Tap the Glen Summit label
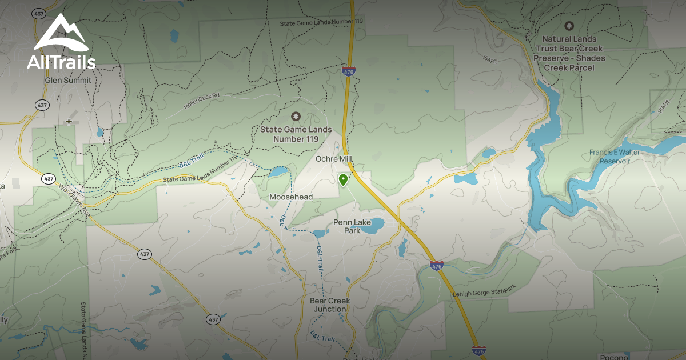68,81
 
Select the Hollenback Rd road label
202,101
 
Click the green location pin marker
343,181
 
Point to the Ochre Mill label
334,159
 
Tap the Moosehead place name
291,197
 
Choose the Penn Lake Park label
352,226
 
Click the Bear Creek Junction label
330,305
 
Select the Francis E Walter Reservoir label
609,157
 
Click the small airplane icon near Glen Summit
69,121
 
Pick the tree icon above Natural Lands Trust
569,26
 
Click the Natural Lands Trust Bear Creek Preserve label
569,53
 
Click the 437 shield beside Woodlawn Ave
49,179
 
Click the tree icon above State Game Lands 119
296,117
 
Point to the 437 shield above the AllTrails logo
39,13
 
